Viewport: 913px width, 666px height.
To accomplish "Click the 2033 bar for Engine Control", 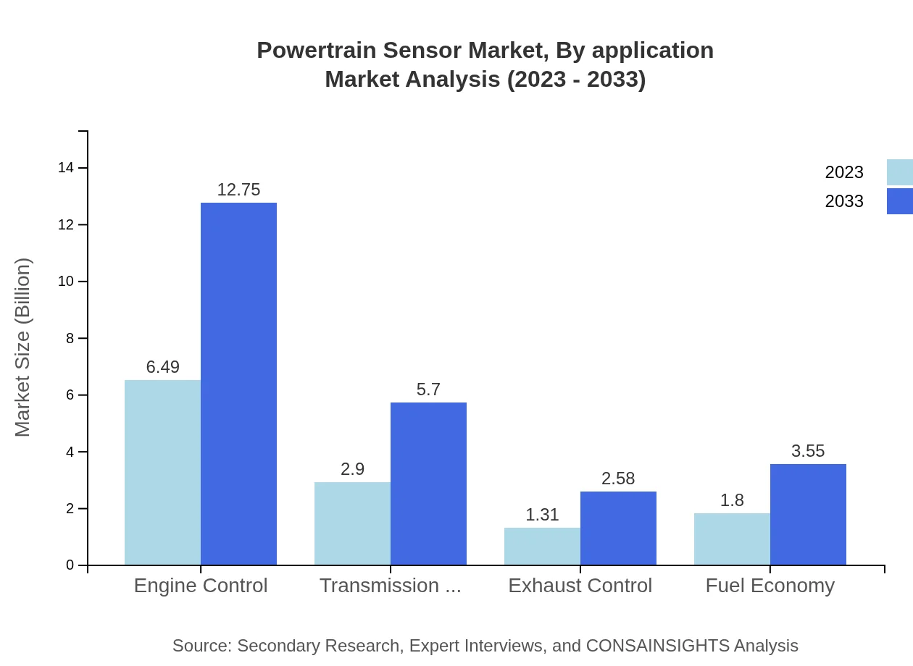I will [x=238, y=384].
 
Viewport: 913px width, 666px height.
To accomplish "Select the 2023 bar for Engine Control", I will [x=162, y=472].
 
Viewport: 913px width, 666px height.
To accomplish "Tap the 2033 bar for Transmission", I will [x=428, y=484].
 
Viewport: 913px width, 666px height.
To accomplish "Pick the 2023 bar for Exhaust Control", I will [x=542, y=546].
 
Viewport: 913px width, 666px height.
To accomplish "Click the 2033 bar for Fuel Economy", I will [x=808, y=514].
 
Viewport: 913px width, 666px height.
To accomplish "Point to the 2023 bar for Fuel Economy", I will [x=732, y=539].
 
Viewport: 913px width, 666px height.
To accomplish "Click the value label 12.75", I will [x=238, y=190].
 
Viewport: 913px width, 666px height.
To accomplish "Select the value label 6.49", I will [x=162, y=367].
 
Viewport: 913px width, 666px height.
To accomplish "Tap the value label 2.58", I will [x=618, y=479].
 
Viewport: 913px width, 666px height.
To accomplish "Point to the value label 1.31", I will [x=542, y=515].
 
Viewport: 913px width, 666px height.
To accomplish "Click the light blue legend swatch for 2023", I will [x=899, y=172].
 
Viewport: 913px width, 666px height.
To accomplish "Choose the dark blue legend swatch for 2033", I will [x=899, y=201].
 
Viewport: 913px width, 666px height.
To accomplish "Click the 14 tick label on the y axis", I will [x=66, y=168].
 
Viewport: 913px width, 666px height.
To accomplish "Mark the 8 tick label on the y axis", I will [x=70, y=338].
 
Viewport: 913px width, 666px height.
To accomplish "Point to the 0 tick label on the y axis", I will [x=70, y=565].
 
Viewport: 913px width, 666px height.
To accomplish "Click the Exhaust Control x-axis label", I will [x=580, y=585].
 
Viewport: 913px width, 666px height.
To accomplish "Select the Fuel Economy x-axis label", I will [x=770, y=585].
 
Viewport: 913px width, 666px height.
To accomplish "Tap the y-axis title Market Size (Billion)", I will [x=22, y=347].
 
